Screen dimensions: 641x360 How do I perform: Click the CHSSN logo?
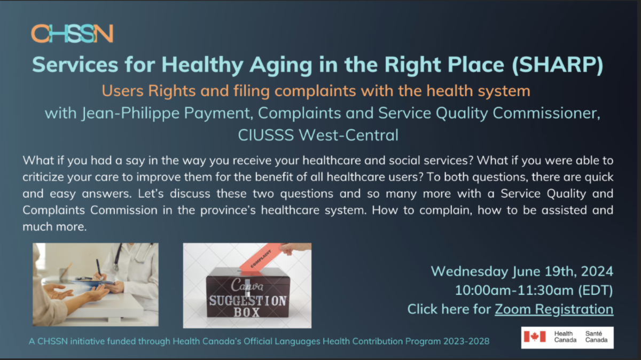pyautogui.click(x=72, y=34)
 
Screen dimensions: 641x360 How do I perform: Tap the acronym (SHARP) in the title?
pyautogui.click(x=558, y=65)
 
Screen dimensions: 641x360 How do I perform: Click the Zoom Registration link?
pyautogui.click(x=554, y=309)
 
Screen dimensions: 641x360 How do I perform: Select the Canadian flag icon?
pyautogui.click(x=535, y=336)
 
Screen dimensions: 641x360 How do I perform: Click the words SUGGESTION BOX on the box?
pyautogui.click(x=247, y=306)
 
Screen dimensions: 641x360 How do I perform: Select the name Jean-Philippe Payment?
pyautogui.click(x=166, y=113)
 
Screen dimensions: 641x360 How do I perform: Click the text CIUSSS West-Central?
pyautogui.click(x=318, y=135)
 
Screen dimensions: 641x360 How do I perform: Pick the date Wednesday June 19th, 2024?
pyautogui.click(x=522, y=271)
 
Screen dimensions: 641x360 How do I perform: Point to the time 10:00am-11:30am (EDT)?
pyautogui.click(x=534, y=290)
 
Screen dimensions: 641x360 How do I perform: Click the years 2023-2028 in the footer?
pyautogui.click(x=466, y=341)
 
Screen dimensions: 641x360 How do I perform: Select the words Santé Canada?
pyautogui.click(x=596, y=337)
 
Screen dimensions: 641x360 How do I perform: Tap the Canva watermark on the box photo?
pyautogui.click(x=247, y=285)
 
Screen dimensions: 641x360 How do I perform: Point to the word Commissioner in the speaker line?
pyautogui.click(x=546, y=113)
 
